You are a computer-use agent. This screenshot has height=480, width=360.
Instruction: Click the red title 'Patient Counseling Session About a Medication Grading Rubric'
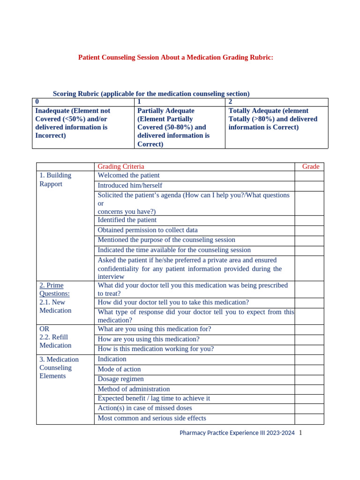coord(175,57)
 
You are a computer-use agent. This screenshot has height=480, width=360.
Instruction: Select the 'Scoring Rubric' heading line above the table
coord(151,94)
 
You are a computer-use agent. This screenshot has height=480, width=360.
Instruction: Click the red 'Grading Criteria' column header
coord(121,166)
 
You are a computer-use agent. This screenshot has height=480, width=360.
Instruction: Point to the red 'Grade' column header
coord(310,166)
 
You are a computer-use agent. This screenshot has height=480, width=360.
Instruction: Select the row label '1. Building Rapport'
coord(55,180)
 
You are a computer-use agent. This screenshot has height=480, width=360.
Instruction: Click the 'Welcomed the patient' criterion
coord(128,175)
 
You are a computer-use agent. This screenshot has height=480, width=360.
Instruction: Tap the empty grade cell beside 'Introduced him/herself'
coord(309,186)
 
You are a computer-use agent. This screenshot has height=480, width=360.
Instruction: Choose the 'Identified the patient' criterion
coord(127,220)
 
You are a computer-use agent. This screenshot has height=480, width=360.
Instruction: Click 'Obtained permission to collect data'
coord(148,230)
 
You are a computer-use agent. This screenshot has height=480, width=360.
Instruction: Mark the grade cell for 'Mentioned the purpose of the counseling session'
coord(309,240)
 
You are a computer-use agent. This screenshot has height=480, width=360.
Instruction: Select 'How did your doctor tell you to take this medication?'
coord(173,302)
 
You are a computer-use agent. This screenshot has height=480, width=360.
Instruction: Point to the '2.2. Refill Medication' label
coord(55,341)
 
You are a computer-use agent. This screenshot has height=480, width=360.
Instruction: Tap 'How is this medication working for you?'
coord(156,349)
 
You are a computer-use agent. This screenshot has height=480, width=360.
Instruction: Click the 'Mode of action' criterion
coord(119,369)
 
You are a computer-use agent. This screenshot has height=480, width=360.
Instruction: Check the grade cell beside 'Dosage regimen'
coord(309,379)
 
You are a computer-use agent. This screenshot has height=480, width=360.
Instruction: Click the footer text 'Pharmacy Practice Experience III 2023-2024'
coord(237,433)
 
